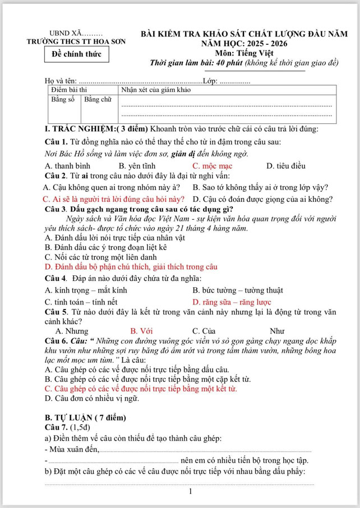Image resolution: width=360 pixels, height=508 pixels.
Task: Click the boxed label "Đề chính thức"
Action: [77, 54]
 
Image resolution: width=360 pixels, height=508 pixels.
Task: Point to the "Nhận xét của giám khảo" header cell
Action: [156, 90]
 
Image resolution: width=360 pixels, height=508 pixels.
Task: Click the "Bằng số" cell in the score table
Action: [63, 99]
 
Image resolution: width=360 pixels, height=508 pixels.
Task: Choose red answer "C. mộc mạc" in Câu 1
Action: [213, 166]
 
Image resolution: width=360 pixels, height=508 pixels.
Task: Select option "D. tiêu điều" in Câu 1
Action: [285, 166]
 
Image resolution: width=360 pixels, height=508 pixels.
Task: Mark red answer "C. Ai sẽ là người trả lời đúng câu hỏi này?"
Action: [114, 199]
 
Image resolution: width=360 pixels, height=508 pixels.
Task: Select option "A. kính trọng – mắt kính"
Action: [86, 290]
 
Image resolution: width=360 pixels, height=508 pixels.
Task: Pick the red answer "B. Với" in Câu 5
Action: [142, 330]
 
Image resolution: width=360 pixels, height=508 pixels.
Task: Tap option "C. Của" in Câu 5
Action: [204, 330]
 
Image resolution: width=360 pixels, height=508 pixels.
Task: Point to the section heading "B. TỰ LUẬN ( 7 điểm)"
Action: [86, 418]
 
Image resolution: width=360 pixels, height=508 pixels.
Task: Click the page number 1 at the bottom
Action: [191, 492]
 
